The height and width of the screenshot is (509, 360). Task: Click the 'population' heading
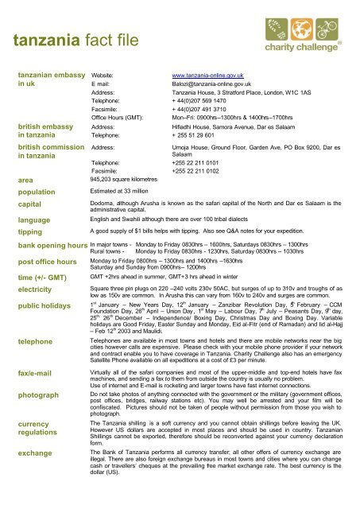(x=33, y=192)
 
